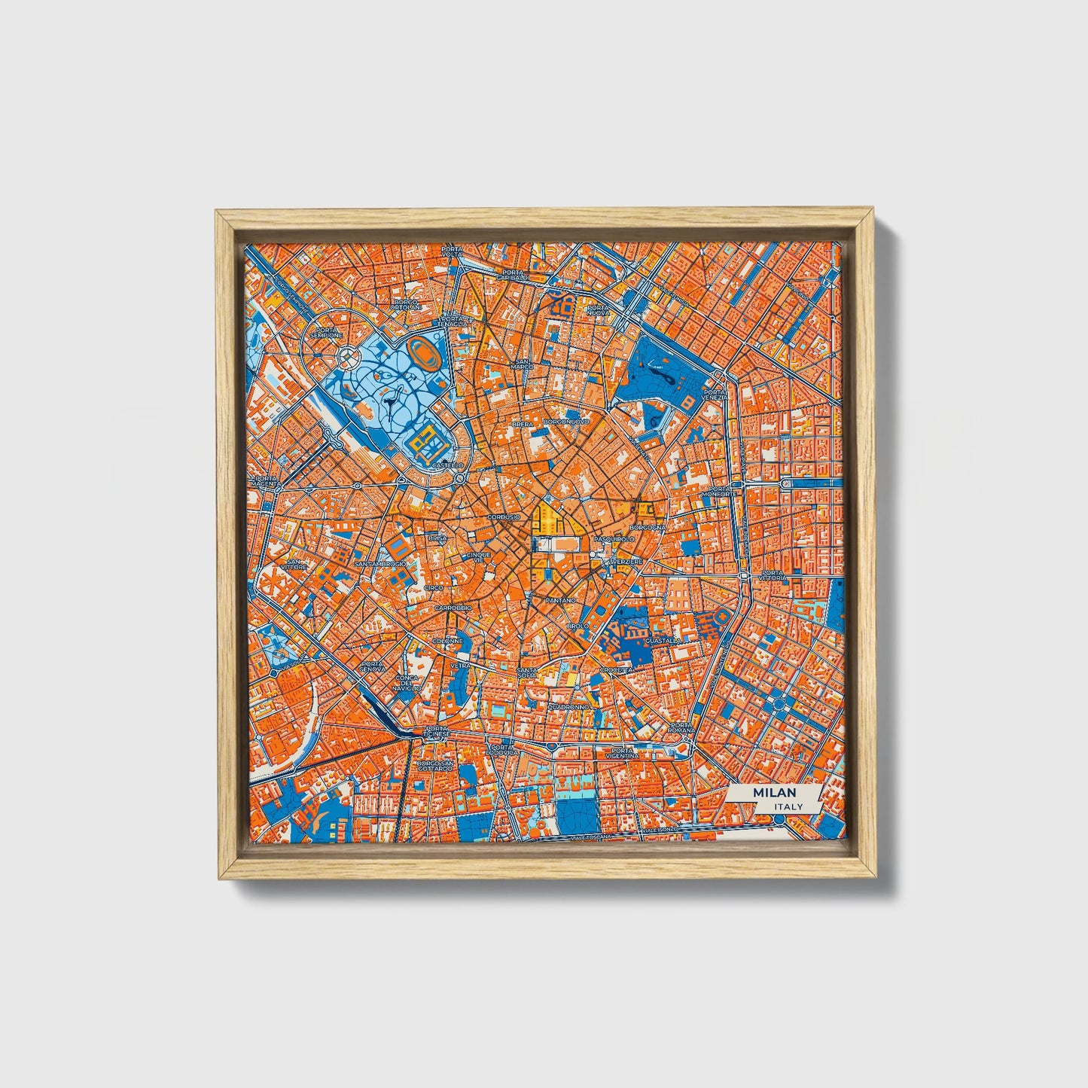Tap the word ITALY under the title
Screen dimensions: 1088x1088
(787, 806)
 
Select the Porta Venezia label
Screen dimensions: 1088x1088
(715, 395)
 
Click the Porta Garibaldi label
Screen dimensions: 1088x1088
(506, 275)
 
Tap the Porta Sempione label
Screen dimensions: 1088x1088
(329, 332)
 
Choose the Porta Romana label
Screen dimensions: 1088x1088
(681, 728)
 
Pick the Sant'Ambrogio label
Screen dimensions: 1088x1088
(380, 563)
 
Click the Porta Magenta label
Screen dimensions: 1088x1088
(267, 481)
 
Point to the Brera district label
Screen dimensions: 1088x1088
(523, 425)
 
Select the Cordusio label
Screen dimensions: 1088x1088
(504, 517)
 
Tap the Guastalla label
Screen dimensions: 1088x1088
(663, 641)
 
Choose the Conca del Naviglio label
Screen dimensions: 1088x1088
(407, 682)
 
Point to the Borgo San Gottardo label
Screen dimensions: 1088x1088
(436, 766)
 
